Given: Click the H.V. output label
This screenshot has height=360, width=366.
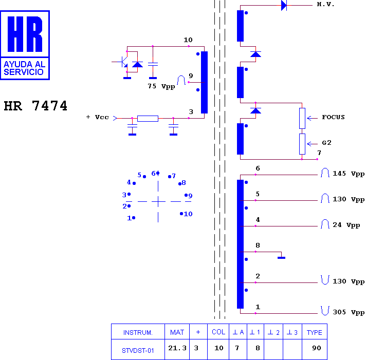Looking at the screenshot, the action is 325,4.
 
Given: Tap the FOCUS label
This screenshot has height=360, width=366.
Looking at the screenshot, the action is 333,117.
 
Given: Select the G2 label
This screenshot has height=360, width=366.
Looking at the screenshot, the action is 326,143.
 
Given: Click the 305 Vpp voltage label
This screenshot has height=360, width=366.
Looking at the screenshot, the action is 349,312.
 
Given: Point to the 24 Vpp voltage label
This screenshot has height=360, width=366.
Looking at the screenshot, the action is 346,225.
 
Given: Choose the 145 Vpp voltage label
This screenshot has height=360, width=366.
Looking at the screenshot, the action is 349,174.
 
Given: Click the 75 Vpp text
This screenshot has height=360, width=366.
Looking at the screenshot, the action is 161,86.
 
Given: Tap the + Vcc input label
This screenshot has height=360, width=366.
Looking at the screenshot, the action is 98,117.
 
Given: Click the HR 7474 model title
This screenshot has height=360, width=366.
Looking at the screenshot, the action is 35,106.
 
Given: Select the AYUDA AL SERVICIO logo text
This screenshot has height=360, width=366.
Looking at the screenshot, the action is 25,68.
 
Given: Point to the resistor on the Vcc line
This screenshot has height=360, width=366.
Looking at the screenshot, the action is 148,119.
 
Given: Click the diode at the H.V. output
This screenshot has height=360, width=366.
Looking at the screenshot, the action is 284,5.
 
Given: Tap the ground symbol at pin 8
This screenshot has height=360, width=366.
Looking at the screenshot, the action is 281,258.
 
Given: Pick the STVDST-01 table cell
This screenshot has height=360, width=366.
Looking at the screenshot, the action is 138,351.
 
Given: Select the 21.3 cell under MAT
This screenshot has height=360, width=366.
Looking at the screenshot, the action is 177,348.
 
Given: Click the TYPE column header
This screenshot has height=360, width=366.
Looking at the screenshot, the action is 315,332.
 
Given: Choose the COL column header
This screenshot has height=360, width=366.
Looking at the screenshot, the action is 218,332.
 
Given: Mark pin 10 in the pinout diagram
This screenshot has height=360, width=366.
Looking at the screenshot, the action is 186,214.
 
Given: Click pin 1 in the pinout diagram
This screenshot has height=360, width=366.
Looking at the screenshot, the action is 131,218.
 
